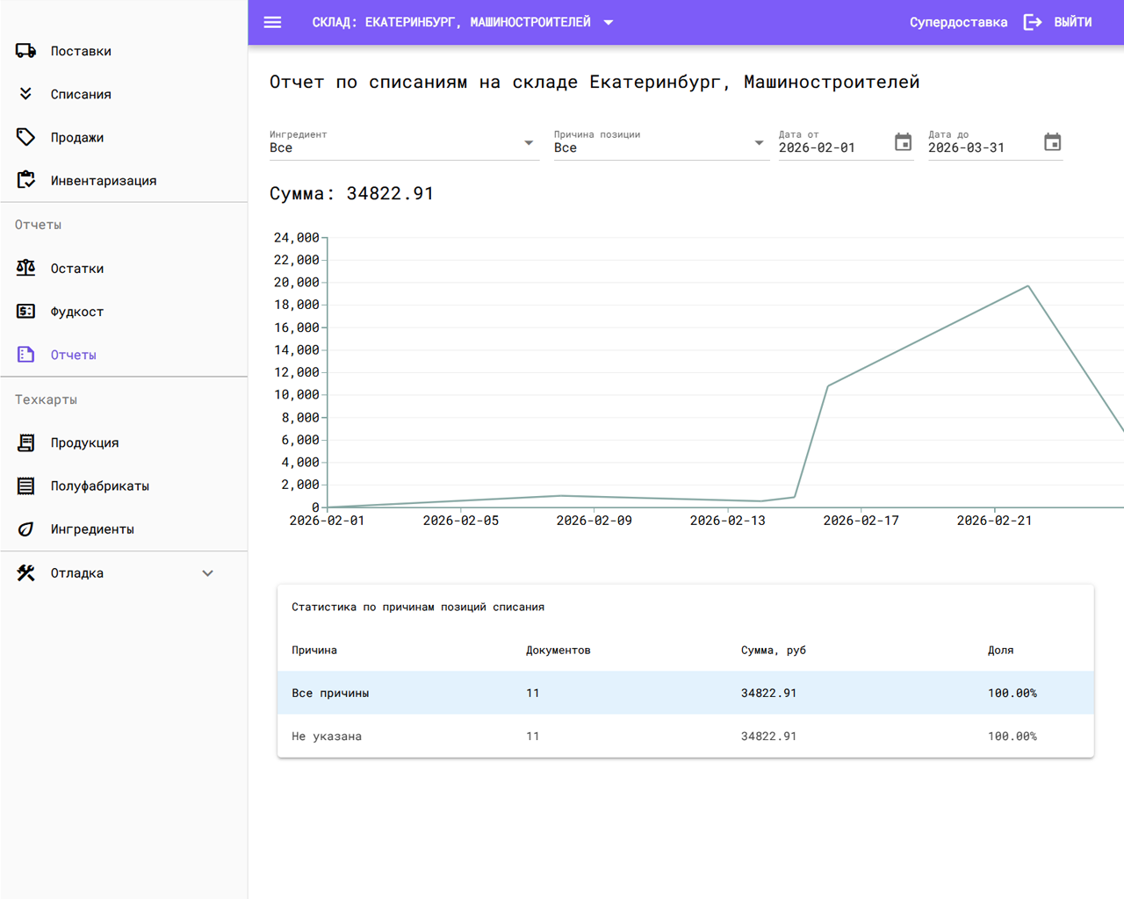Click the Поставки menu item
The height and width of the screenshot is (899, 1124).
point(80,51)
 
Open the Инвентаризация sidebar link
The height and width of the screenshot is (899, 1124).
point(103,181)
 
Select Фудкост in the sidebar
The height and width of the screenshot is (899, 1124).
point(76,312)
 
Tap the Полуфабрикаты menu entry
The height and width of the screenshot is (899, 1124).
point(99,485)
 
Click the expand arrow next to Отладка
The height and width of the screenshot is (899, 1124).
point(207,573)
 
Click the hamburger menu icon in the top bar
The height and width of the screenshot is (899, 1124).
point(272,22)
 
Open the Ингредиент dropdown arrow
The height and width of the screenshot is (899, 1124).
point(529,143)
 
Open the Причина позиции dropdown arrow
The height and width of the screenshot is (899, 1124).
point(759,143)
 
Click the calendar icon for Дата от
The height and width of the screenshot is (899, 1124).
point(903,142)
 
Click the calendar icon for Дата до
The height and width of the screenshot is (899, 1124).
point(1052,142)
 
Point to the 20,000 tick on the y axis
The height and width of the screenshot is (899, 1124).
point(296,283)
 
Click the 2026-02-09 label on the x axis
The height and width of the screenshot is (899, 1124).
point(594,521)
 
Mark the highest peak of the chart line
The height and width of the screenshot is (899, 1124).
point(1028,286)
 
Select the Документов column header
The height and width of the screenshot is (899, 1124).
point(558,651)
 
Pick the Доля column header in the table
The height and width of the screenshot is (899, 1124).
point(1000,651)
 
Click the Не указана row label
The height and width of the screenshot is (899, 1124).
point(327,737)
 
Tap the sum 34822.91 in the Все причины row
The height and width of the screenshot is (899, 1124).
point(768,694)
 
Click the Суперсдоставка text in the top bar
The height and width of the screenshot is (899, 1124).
point(958,22)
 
